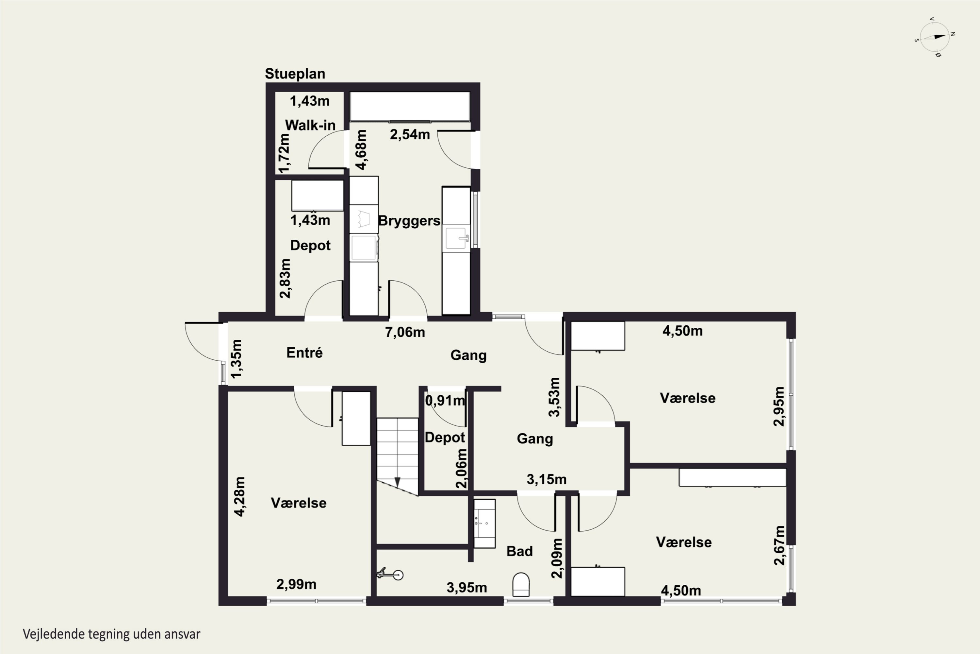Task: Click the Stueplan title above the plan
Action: point(295,74)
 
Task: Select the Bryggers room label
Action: point(409,221)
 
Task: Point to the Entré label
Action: point(304,353)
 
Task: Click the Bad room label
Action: point(520,551)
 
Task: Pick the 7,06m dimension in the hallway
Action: point(405,333)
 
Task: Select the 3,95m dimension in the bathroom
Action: point(467,588)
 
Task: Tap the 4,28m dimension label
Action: point(239,496)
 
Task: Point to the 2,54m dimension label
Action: point(410,134)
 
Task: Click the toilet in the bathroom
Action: point(521,584)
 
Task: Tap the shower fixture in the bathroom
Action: point(390,575)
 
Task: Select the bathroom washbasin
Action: point(484,524)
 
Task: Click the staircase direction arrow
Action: point(397,482)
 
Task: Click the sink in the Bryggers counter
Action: point(457,238)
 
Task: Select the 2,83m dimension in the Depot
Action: point(285,278)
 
